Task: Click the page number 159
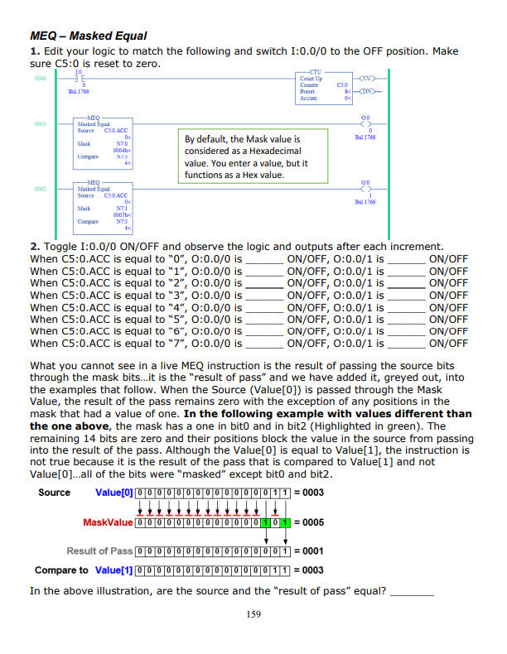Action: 254,614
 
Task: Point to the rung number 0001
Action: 41,123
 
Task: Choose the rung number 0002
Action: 41,189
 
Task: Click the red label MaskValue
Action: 107,523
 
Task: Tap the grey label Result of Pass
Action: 99,551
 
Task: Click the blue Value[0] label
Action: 113,493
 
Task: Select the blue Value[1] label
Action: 113,570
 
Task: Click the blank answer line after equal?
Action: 412,591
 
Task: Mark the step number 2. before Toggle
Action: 35,247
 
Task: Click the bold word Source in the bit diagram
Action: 55,493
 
